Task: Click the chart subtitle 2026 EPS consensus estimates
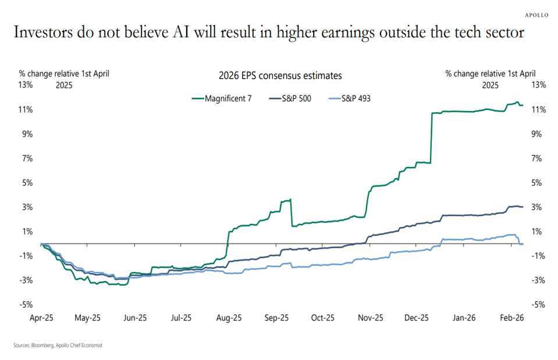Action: point(280,76)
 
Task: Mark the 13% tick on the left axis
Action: point(26,85)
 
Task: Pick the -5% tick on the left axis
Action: point(26,304)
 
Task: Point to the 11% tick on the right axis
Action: point(538,109)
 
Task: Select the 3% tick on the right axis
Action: point(537,207)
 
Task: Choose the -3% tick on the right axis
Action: point(538,280)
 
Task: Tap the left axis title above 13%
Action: point(64,74)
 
